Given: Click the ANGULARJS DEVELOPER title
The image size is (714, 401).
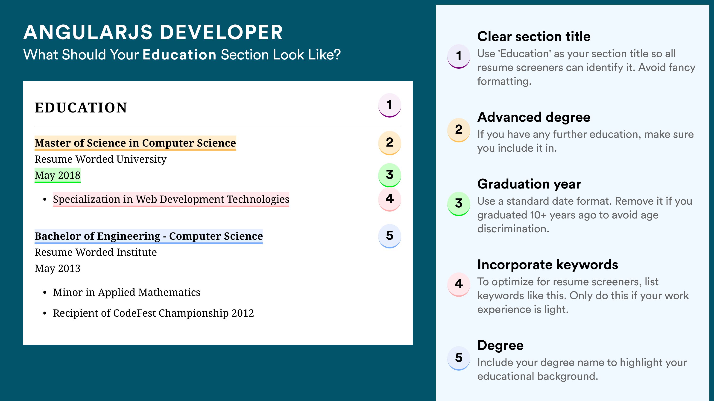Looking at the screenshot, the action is point(153,32).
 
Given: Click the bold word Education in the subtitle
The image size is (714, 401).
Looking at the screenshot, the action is point(179,54).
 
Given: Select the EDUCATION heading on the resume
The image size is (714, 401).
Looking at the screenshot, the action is point(81,108).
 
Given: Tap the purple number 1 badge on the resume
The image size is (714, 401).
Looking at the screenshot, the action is point(389,105).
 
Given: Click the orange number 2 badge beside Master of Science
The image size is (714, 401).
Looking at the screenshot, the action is point(389,143).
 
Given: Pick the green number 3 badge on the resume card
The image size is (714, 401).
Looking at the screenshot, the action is point(389,175).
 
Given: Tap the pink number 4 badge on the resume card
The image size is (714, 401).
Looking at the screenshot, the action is point(389,199).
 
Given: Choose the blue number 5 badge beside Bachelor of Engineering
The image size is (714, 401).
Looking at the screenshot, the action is point(389,236).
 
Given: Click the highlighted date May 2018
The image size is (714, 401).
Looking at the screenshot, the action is point(57,175).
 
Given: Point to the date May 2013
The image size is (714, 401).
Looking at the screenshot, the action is point(57,268).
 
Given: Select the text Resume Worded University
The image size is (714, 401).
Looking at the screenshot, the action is point(100,159).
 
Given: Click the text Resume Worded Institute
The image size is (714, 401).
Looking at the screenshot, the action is point(96,252).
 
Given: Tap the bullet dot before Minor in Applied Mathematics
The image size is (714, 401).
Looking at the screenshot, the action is point(45,293).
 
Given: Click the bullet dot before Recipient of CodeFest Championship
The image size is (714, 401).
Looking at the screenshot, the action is point(45,314).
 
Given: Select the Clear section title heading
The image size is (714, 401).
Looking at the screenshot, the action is point(534,36).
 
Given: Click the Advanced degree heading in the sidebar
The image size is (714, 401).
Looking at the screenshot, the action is point(534,117).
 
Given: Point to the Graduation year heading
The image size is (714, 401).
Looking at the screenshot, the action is point(529,184).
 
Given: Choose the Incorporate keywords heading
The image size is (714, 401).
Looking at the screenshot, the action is point(548,265).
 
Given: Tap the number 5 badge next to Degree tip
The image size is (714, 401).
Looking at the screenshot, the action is point(459,358).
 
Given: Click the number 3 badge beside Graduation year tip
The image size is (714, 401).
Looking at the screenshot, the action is point(459,204).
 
